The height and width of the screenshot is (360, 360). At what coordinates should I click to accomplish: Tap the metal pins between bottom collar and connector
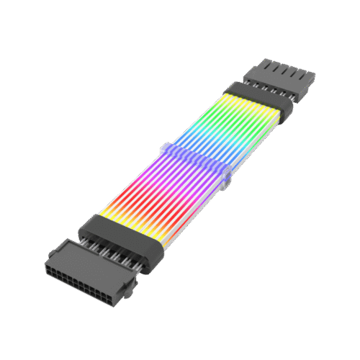click(x=108, y=252)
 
